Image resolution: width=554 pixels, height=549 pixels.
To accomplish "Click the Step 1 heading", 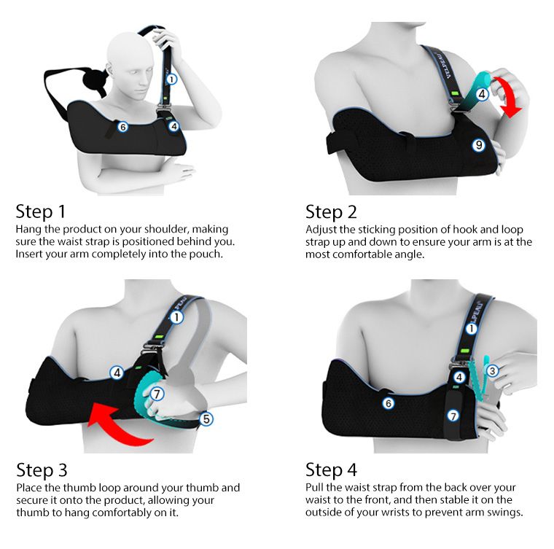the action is [41, 211].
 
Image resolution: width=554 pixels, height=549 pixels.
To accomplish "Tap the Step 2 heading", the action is [331, 212].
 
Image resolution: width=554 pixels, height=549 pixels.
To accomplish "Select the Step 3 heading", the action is [42, 470].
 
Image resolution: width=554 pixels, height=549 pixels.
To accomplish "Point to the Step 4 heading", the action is [331, 470].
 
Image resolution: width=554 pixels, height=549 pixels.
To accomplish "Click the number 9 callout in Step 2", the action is [479, 144].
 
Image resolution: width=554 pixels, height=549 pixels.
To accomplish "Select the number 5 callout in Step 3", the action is [206, 419].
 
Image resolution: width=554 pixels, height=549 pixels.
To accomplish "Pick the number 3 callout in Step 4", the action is [492, 371].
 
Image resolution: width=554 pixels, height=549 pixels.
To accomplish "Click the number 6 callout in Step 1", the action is [122, 126].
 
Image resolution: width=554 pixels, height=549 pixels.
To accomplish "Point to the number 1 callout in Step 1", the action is [171, 79].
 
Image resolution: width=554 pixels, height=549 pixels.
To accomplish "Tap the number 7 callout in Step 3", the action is [157, 394].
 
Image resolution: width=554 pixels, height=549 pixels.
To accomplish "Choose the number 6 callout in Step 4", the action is [389, 403].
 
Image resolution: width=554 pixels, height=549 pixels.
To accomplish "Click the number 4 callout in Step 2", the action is [482, 94].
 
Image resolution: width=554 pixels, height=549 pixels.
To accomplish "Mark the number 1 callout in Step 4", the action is [472, 329].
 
